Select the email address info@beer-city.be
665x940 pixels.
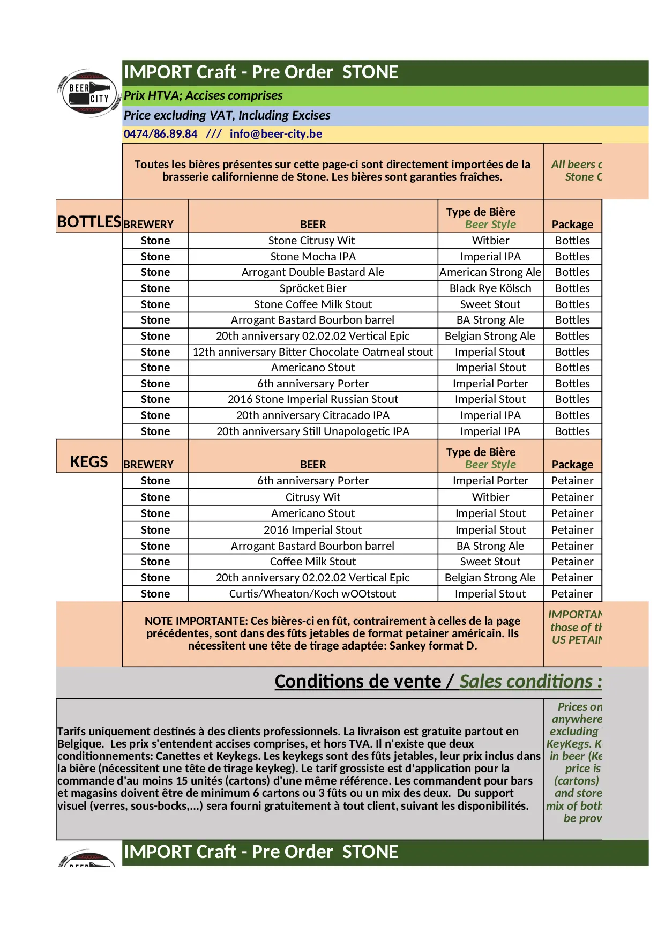pos(275,134)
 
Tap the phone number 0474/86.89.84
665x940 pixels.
pos(160,134)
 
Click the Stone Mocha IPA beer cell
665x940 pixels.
pos(312,257)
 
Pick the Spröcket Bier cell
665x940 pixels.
pos(312,288)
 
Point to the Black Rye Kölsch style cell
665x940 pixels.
pos(490,288)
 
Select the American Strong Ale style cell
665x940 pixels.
pos(490,272)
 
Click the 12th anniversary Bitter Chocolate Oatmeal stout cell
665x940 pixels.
pos(312,352)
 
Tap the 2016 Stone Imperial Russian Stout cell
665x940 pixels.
pos(312,399)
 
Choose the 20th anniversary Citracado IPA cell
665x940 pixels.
pos(312,415)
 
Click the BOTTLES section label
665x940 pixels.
pos(89,221)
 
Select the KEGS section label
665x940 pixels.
pos(89,461)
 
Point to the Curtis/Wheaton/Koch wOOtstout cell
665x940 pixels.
pos(312,594)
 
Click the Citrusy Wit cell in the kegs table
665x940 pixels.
pos(312,497)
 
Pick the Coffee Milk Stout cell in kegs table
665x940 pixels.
pos(312,562)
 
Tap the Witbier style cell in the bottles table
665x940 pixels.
pos(490,241)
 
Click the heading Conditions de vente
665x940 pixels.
pos(357,681)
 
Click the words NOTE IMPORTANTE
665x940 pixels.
pos(196,621)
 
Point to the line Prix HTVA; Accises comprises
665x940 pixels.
pos(203,96)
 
